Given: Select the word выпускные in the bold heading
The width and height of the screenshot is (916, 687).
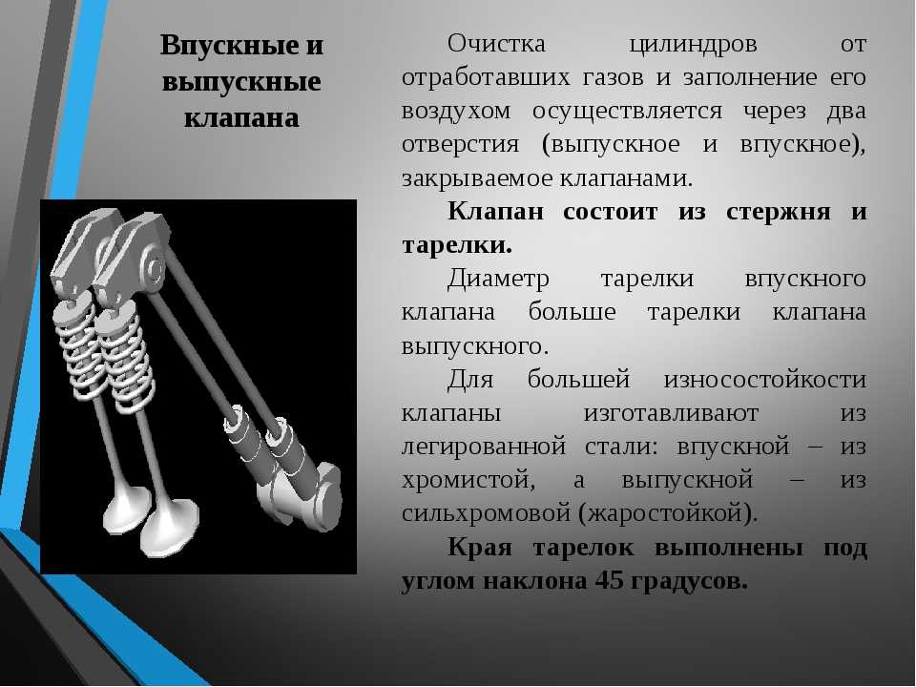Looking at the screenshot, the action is tap(241, 82).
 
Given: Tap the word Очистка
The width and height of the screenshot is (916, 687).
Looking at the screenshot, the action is tap(496, 44).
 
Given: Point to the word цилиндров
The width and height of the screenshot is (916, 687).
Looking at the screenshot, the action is tap(694, 45).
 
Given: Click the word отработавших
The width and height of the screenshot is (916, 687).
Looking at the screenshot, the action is tap(486, 77).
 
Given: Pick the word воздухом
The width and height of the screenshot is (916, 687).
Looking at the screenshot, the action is tap(456, 112).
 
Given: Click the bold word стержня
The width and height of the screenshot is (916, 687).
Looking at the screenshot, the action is tap(779, 212).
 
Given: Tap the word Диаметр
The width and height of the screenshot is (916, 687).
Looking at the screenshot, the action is tap(498, 279).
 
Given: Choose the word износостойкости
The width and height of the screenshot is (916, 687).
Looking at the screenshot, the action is tap(764, 380).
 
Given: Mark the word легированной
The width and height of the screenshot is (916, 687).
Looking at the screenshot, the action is tap(484, 448).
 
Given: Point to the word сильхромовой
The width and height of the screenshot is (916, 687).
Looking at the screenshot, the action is tap(486, 514).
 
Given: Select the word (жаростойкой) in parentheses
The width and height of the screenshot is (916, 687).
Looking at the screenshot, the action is tap(668, 514).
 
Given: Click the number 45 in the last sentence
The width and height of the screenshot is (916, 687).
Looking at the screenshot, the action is tap(610, 581).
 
